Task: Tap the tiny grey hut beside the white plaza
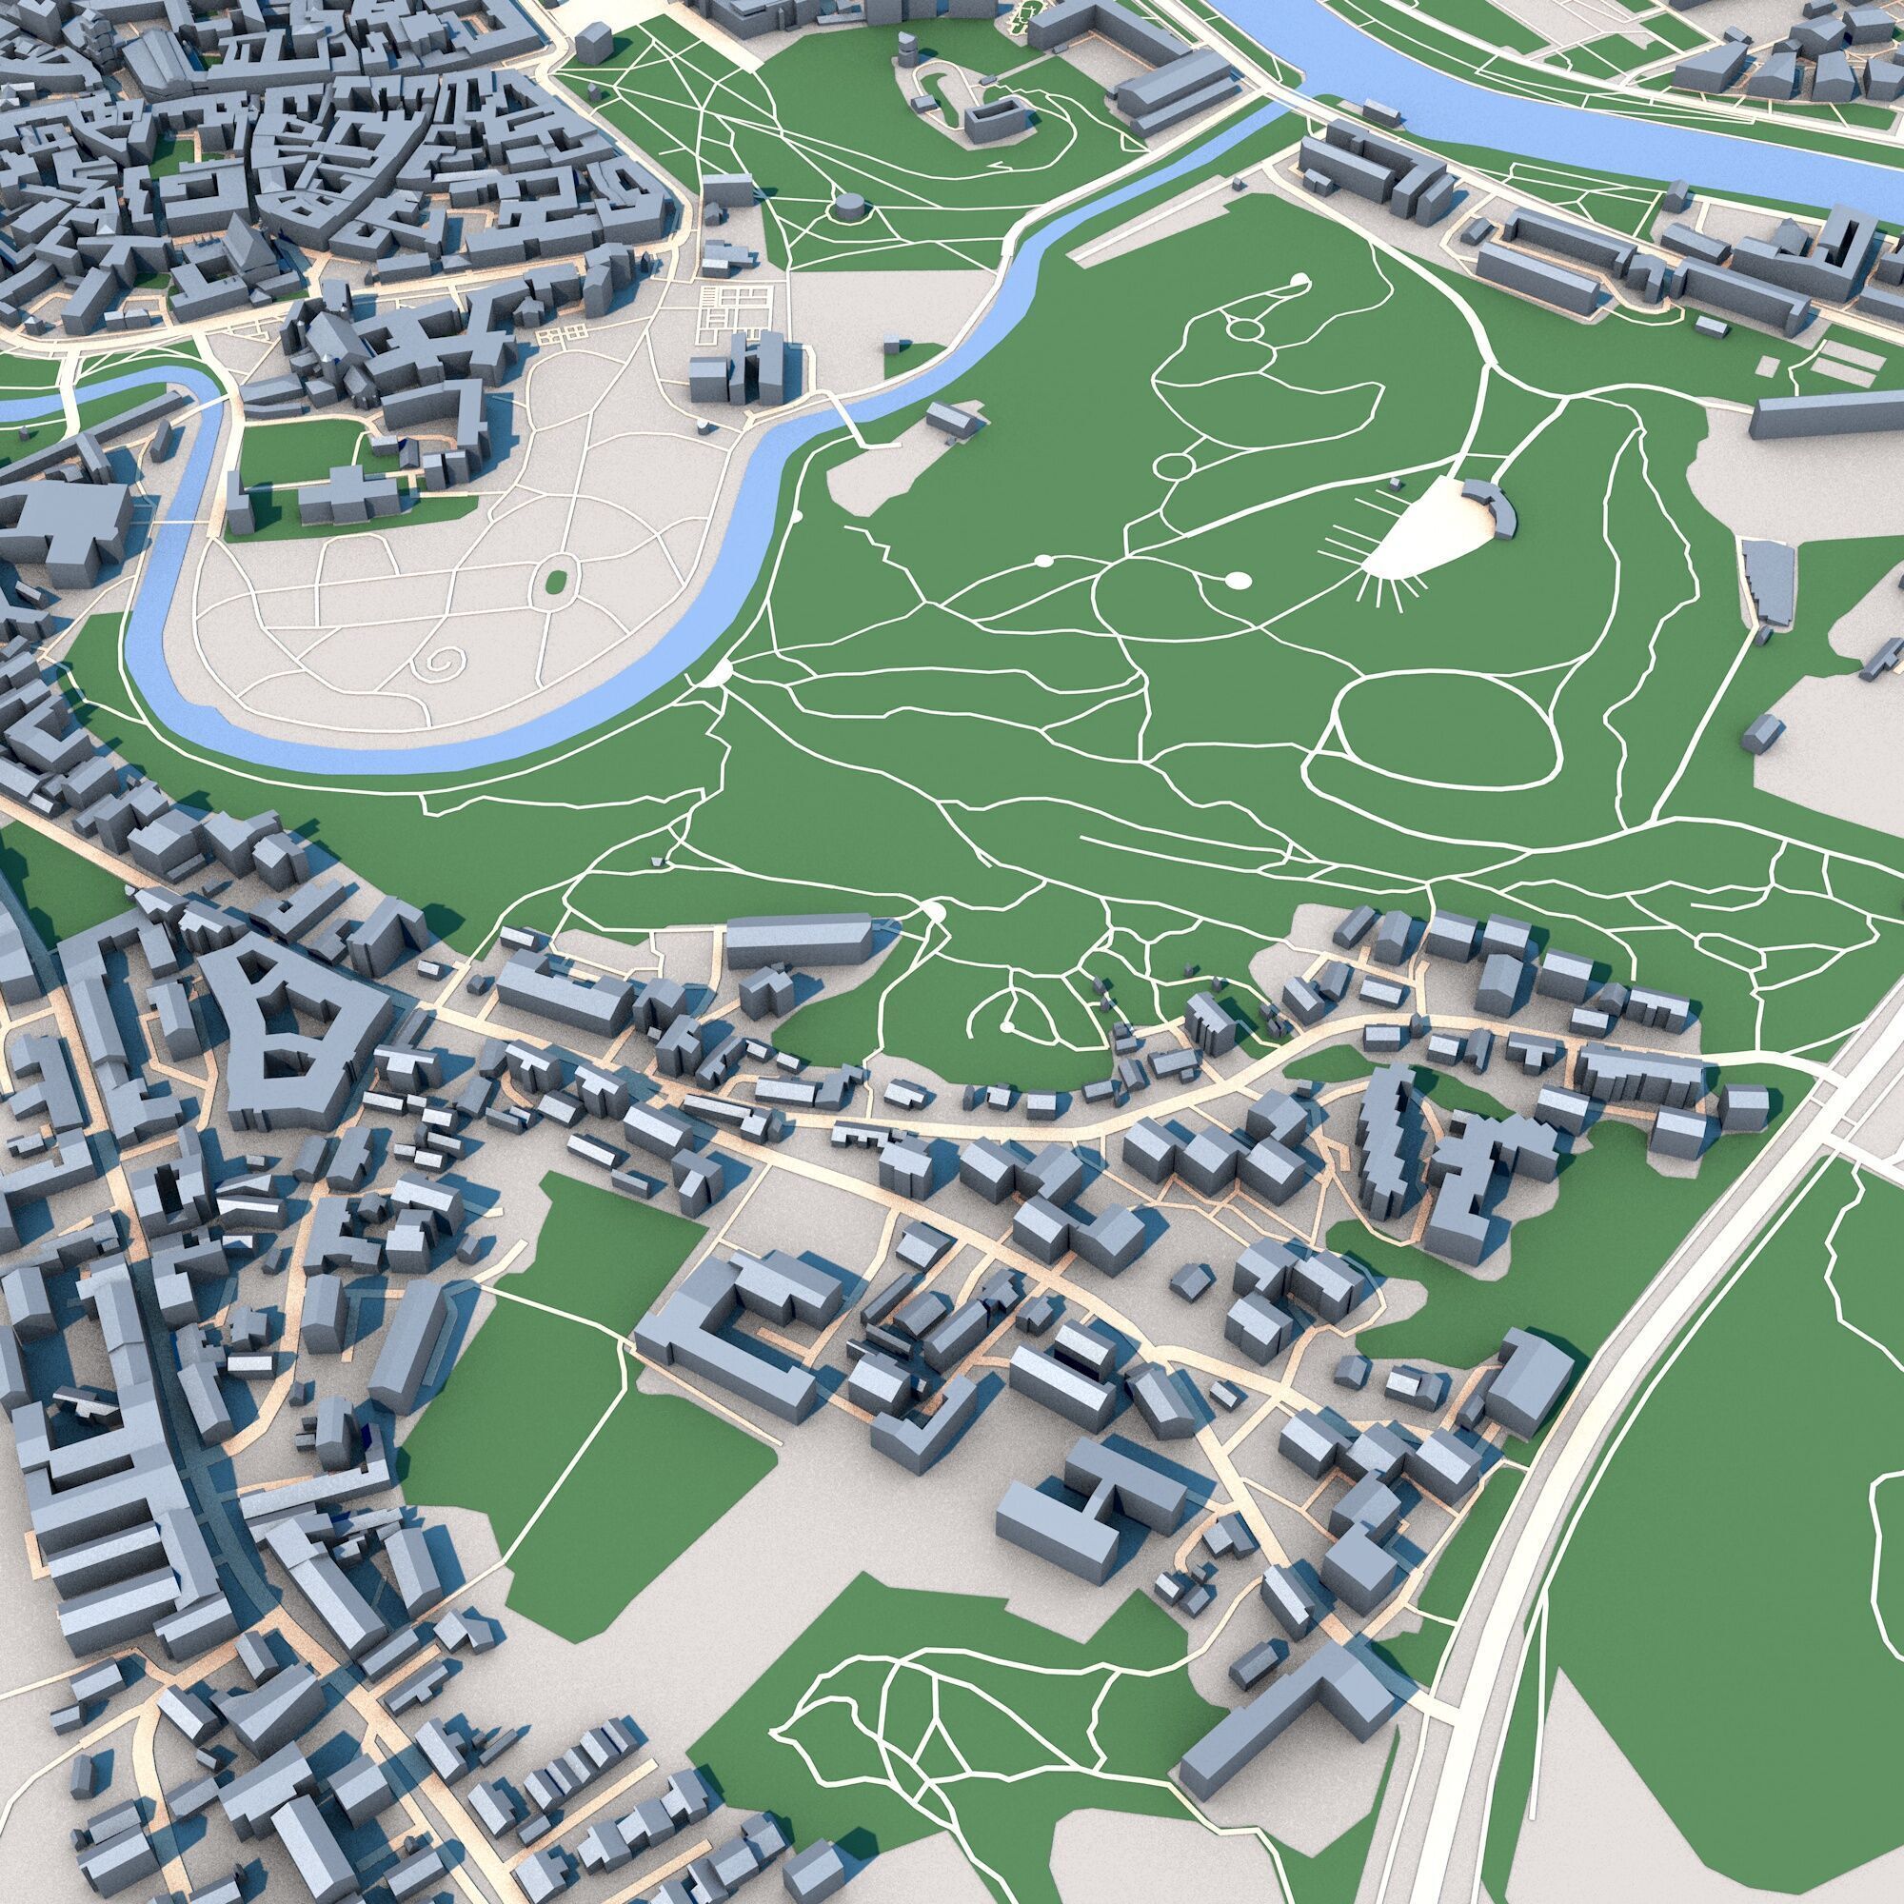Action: tap(1397, 483)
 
